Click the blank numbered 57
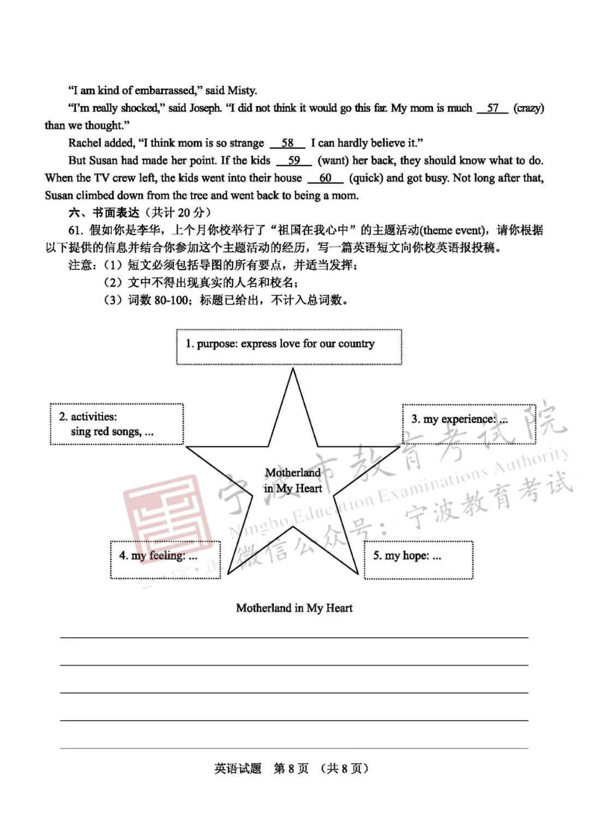492,108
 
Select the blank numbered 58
287,143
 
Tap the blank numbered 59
294,160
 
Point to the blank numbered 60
325,178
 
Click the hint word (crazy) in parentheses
528,108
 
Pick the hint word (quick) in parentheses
365,178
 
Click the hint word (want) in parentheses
333,160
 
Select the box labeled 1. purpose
289,347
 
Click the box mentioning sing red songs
117,424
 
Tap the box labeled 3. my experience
469,424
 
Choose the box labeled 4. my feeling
165,560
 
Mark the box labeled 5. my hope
418,560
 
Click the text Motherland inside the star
293,472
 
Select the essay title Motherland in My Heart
294,608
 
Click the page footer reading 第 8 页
291,769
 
